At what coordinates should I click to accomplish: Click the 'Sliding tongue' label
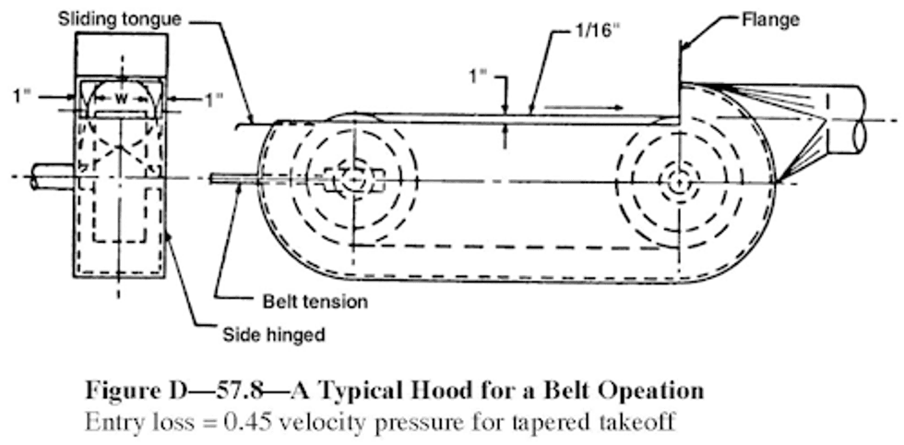point(120,19)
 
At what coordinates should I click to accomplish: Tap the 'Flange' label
point(770,19)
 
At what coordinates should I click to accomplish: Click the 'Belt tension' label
point(315,301)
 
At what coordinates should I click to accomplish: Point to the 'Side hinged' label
point(274,334)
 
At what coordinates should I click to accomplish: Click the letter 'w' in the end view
point(121,99)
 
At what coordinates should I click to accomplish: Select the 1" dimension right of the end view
point(214,100)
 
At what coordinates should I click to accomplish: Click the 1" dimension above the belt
point(479,77)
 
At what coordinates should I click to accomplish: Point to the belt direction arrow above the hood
point(583,107)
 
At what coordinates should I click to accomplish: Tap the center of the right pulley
point(681,183)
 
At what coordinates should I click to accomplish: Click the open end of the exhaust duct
point(859,119)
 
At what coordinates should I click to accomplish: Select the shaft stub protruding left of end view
point(54,176)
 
